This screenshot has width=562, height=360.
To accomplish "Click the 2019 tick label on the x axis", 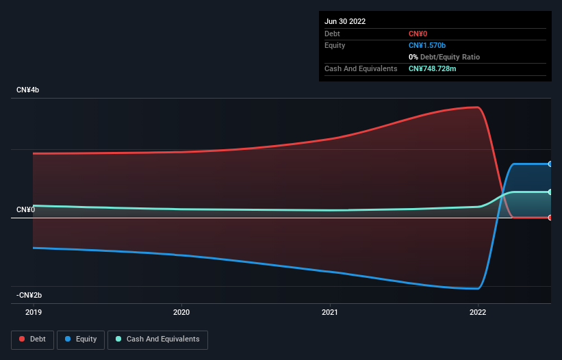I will [x=33, y=312].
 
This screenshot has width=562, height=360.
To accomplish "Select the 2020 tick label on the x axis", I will [x=181, y=312].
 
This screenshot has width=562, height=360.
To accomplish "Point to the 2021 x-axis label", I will [x=330, y=312].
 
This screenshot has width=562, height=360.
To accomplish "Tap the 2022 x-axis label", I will [x=478, y=312].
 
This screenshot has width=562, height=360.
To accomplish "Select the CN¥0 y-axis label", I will [x=26, y=209].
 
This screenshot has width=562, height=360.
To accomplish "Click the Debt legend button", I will [x=33, y=339].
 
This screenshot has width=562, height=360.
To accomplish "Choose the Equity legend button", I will [x=81, y=339].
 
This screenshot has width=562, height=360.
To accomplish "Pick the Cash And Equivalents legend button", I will [x=157, y=339].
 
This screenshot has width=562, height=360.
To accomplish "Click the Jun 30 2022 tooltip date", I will [x=345, y=21].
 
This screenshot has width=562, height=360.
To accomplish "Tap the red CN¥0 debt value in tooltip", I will [x=419, y=34].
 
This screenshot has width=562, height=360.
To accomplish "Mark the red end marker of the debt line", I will [x=550, y=218].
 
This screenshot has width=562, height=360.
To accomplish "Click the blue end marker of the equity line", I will [x=550, y=164].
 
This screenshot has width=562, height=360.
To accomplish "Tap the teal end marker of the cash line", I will [x=550, y=192].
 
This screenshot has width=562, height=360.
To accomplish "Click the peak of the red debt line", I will [x=476, y=107].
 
